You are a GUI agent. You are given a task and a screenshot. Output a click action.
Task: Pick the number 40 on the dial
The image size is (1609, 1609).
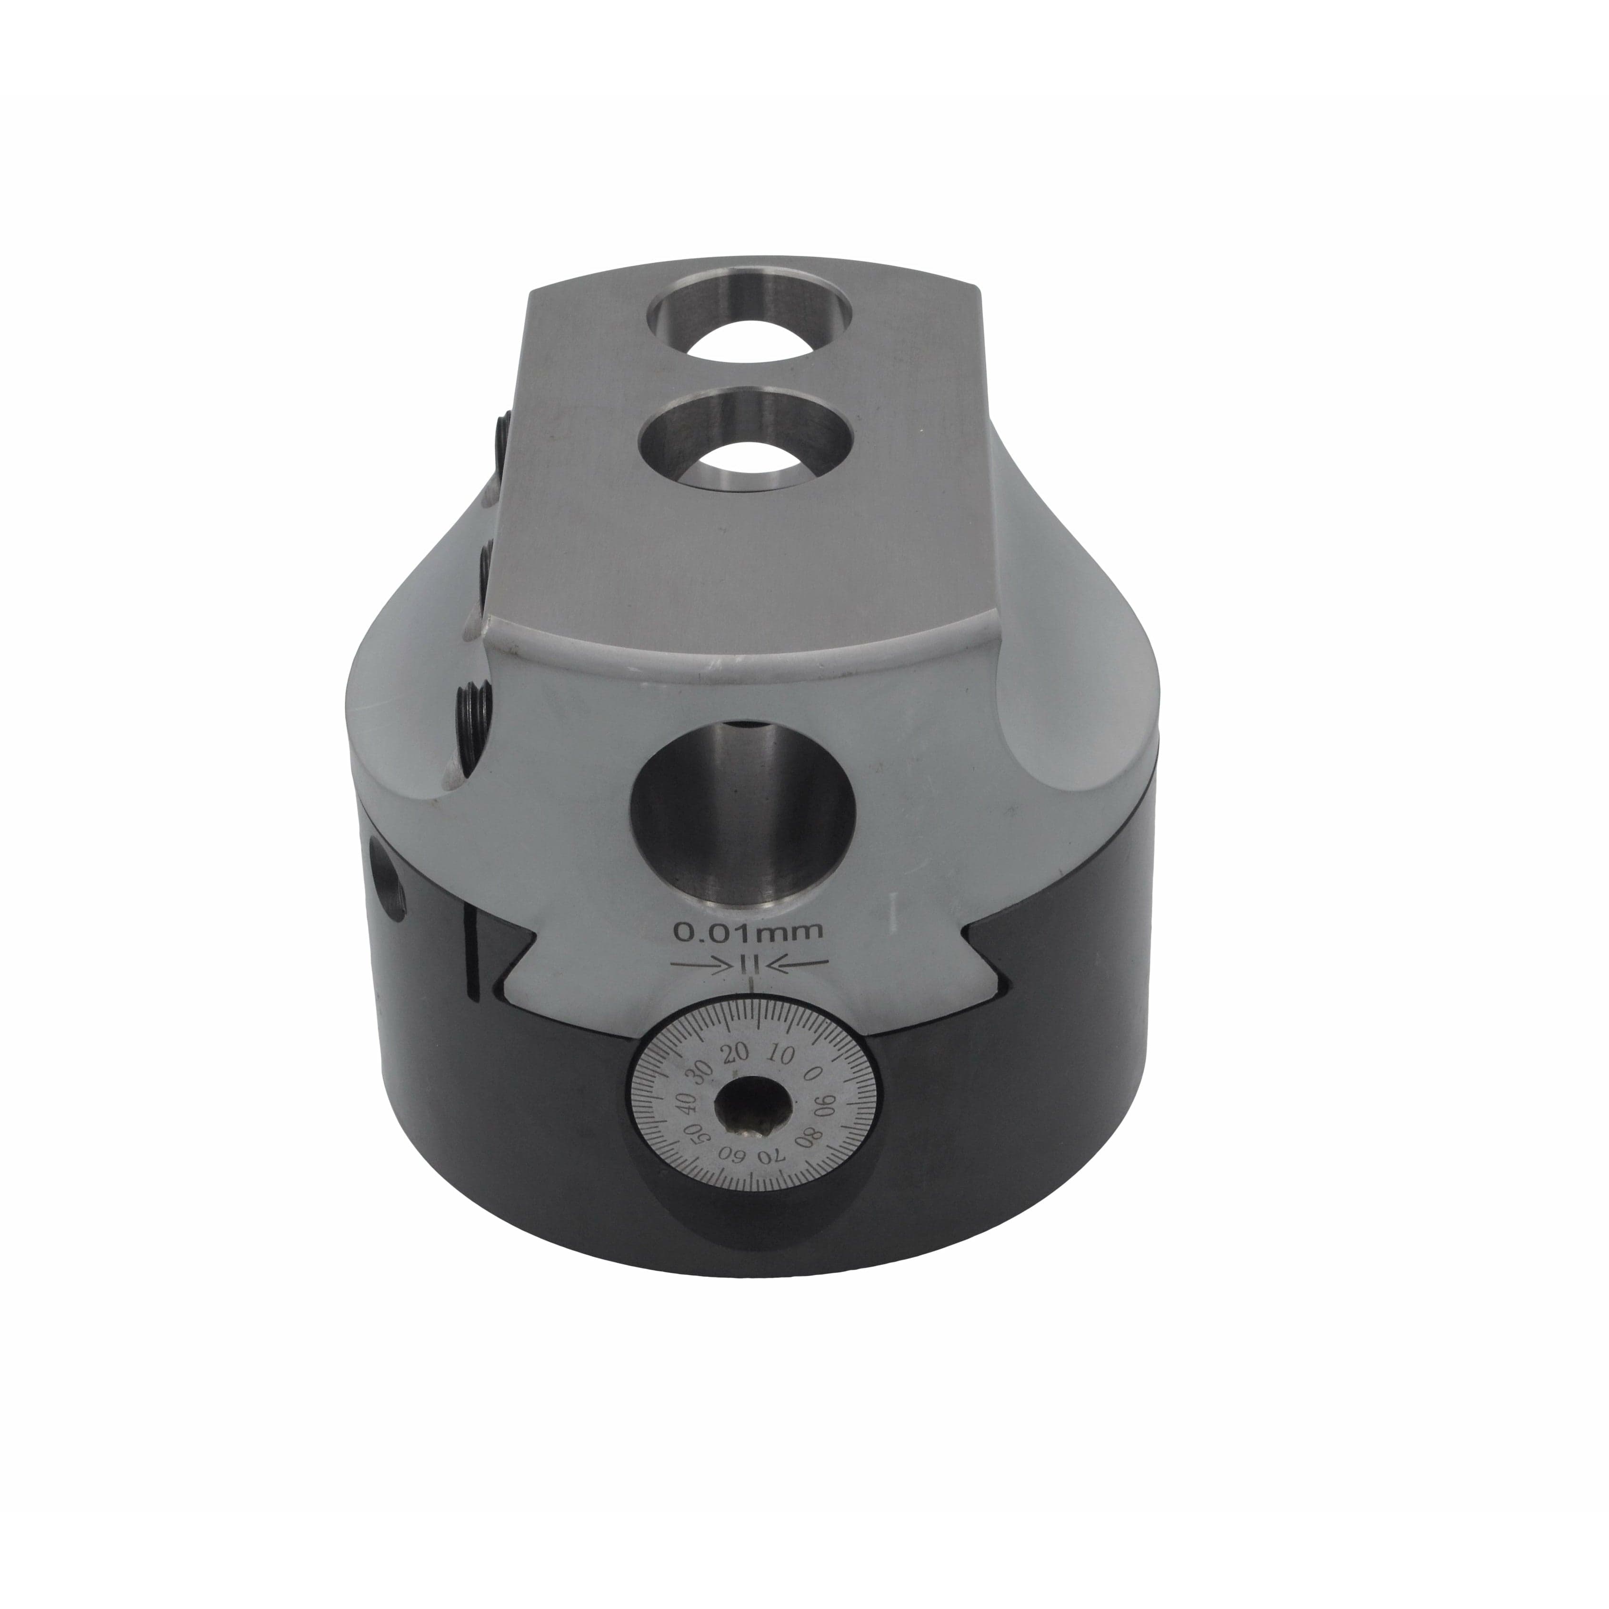685,1103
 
